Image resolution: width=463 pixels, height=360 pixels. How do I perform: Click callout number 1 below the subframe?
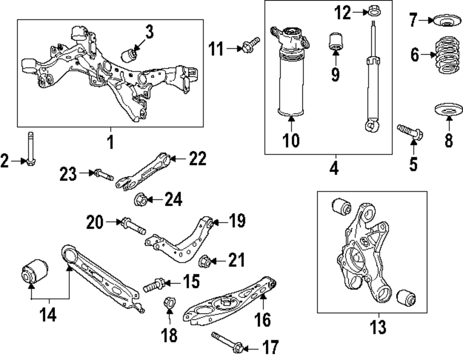point(111,142)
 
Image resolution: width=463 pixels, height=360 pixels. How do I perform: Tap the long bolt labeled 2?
point(31,149)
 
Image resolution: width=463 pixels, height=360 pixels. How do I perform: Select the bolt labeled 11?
point(251,45)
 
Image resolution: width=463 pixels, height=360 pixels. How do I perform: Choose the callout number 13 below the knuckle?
point(378,327)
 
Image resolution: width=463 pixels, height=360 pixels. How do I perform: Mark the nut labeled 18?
point(169,303)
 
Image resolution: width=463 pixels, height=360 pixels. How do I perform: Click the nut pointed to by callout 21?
point(205,261)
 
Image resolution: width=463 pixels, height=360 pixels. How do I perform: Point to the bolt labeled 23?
point(104,175)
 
